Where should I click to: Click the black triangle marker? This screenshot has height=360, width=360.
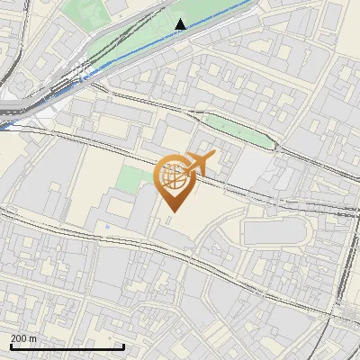[x=181, y=24]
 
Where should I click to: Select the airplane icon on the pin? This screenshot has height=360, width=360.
[x=199, y=163]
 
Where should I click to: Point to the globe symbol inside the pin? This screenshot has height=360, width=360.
[x=174, y=176]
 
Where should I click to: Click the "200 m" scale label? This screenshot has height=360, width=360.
[x=24, y=338]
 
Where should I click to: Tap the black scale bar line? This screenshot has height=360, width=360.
[x=67, y=346]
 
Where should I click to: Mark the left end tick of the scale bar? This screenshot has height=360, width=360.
[x=11, y=345]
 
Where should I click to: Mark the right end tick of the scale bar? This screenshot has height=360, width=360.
[x=122, y=345]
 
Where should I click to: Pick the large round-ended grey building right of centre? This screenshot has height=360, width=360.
[x=274, y=231]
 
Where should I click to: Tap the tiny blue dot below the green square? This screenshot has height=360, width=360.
[x=109, y=224]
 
